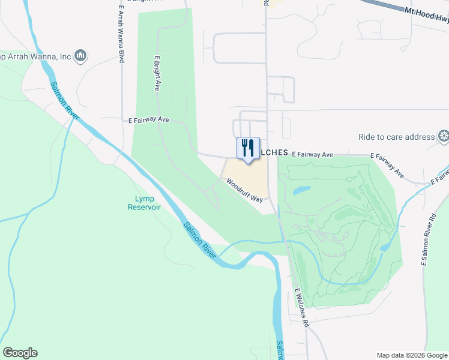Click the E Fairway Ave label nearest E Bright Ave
coord(149,120)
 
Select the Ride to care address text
coord(396,137)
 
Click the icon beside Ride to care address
coord(444,136)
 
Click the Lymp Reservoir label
coord(144,203)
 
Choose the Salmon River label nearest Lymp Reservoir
coord(200,239)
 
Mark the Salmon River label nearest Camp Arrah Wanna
coord(64,100)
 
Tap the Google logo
coord(20,353)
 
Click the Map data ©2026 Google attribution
coord(412,355)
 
